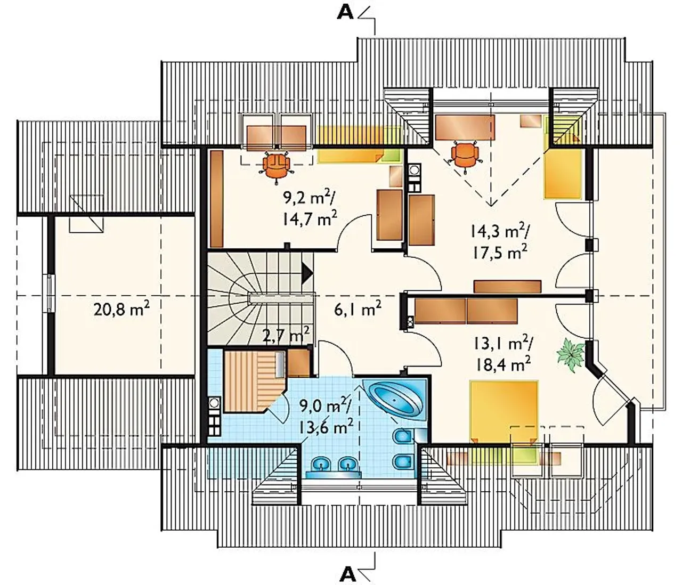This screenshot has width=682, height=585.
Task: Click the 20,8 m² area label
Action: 121,309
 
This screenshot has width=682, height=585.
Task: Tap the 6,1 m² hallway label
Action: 358,309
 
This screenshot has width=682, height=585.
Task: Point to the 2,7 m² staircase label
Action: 286,336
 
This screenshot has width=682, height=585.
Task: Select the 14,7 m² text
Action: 310,219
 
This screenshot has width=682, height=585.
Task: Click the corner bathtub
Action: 395,400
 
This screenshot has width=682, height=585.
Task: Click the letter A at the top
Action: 345,13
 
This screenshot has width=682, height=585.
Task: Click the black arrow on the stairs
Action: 307,273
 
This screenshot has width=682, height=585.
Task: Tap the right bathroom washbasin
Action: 347,465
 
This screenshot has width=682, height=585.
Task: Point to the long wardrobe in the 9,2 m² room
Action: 217,199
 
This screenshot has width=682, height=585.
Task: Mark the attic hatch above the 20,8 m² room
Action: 86,214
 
